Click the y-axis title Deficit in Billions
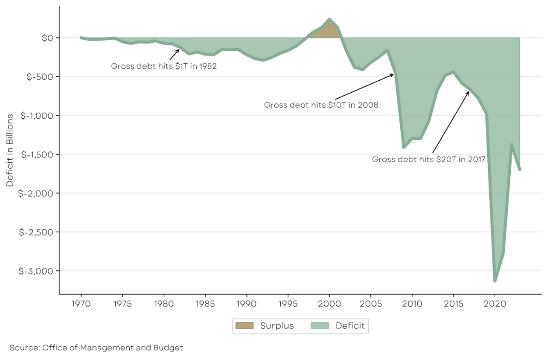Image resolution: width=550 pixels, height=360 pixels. (10, 150)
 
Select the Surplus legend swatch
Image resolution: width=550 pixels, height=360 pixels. (245, 326)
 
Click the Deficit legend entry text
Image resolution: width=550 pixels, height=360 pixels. (350, 326)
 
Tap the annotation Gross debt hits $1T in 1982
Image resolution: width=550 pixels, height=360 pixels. (164, 66)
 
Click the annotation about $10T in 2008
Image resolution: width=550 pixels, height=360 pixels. (321, 105)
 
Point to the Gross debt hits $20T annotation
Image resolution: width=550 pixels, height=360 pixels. (429, 159)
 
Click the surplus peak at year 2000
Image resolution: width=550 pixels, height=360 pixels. (329, 19)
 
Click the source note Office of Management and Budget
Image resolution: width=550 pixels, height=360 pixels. (96, 348)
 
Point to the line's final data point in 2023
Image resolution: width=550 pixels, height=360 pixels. (520, 170)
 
